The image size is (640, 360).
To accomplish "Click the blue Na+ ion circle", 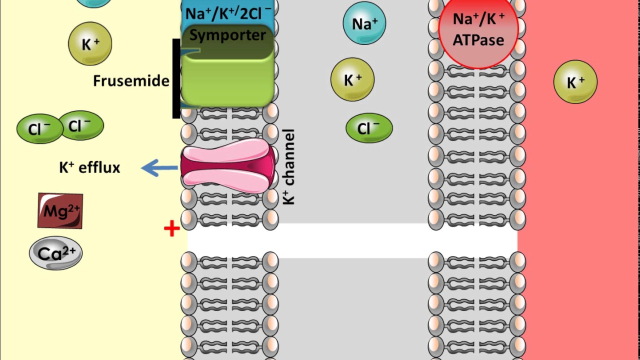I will [364, 23].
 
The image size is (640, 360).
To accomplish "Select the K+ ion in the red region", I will [575, 82].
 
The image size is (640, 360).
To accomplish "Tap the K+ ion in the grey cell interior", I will [352, 79].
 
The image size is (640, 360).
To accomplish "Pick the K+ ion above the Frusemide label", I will [90, 44].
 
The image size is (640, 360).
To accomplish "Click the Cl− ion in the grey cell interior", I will [369, 128].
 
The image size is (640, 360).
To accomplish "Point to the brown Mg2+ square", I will [60, 211].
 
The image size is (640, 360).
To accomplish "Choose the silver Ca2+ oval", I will [55, 253].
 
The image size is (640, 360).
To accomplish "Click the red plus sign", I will [171, 229].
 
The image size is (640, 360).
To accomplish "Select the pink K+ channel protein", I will [228, 168].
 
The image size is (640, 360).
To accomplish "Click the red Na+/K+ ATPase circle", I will [477, 32].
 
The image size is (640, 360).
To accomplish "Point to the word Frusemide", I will [131, 81].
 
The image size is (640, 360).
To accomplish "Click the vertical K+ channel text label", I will [288, 167].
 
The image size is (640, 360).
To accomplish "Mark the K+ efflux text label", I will [90, 167].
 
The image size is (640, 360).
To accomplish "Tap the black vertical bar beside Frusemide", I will [176, 78].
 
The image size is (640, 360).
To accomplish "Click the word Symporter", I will [227, 35].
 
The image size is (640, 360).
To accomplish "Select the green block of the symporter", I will [227, 80].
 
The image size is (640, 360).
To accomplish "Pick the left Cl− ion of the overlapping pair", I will [38, 129].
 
